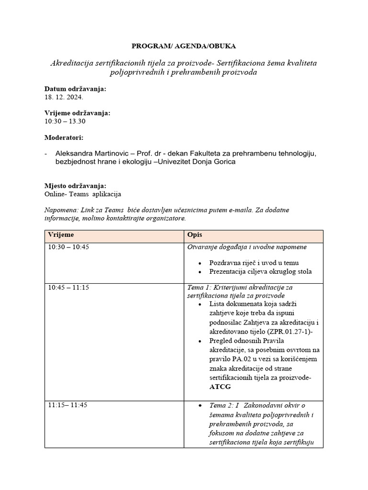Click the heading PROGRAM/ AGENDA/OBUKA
184,46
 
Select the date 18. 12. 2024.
64,97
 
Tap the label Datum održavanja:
75,89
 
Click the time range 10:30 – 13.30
65,121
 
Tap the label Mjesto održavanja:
75,186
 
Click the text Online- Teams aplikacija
83,194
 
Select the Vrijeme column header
61,235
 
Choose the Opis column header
194,235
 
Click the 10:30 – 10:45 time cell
68,247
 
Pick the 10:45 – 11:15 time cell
68,288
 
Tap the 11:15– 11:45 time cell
68,405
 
